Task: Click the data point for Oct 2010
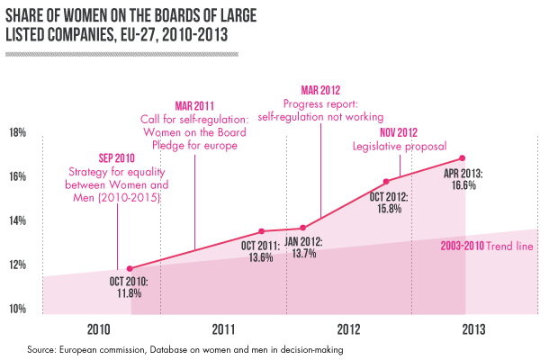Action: (130, 268)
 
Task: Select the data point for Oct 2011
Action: (261, 231)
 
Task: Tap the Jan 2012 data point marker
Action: (303, 228)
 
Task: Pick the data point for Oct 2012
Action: (386, 182)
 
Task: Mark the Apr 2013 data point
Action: (462, 158)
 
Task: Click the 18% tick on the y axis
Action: (17, 133)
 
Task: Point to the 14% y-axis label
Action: (17, 221)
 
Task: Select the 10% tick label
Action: (17, 310)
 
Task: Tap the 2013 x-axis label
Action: (474, 328)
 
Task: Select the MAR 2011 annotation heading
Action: (194, 105)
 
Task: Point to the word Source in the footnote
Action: (42, 347)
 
